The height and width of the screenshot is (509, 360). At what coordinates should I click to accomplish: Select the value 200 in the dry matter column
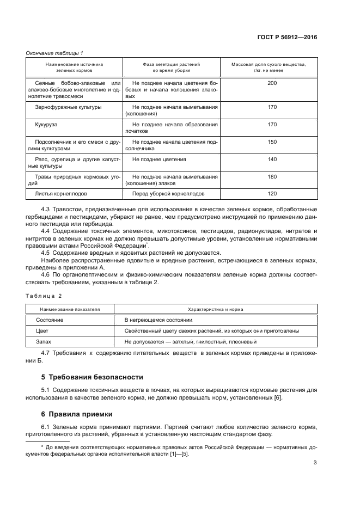coord(272,83)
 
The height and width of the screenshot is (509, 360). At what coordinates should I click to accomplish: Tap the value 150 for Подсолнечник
coord(272,142)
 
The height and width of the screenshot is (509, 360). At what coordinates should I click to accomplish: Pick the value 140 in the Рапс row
coord(272,160)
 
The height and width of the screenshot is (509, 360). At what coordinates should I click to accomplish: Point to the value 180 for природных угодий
coord(272,177)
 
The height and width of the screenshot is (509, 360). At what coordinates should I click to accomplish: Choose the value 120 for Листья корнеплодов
coord(272,194)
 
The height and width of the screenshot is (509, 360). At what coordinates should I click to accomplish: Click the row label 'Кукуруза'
coord(46,125)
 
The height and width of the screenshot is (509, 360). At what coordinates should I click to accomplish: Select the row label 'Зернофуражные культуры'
coord(68,107)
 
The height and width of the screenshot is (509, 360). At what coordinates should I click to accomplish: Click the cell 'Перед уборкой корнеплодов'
coord(168,194)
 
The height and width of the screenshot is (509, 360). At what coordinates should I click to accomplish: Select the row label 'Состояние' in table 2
coord(50,320)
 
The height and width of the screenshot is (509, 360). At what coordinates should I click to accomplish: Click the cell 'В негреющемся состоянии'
coord(158,320)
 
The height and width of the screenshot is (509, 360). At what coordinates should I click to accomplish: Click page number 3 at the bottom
coord(315,463)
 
